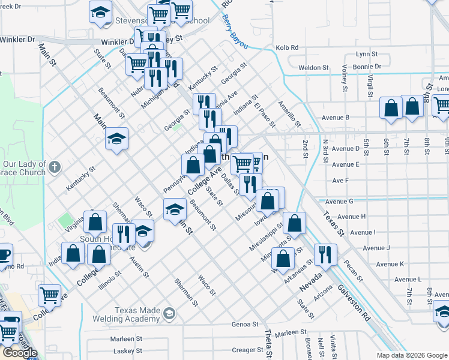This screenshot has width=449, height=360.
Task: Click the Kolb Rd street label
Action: tap(286, 47)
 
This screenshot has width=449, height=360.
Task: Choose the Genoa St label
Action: tap(244, 325)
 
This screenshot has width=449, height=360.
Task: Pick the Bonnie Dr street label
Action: tap(367, 67)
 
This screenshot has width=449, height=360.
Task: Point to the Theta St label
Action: tap(268, 344)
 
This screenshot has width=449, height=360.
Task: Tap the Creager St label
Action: tap(244, 350)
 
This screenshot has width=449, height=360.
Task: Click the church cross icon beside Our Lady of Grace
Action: tap(55, 166)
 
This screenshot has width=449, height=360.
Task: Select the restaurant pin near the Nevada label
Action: tap(325, 254)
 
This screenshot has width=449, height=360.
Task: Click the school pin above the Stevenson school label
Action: tap(100, 11)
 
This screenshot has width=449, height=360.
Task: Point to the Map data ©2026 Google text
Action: tap(411, 355)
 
